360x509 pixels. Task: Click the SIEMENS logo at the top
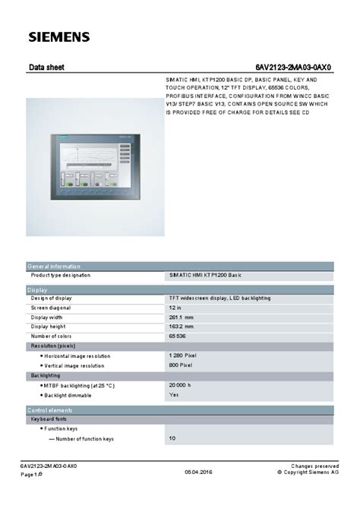pos(59,36)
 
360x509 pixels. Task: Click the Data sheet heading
pos(46,68)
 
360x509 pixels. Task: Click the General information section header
pos(54,267)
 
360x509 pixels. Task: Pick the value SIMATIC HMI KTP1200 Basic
pos(204,275)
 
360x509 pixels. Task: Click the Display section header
pos(38,289)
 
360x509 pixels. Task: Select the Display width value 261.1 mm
pos(181,317)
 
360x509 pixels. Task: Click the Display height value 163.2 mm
pos(181,326)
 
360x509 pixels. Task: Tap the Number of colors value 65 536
pos(177,336)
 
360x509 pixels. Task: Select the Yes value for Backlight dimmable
pos(174,395)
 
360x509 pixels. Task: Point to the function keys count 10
pos(172,438)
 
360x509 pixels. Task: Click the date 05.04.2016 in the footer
pos(198,473)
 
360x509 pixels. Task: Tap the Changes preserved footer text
pos(314,466)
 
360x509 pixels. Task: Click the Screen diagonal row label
pos(51,308)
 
